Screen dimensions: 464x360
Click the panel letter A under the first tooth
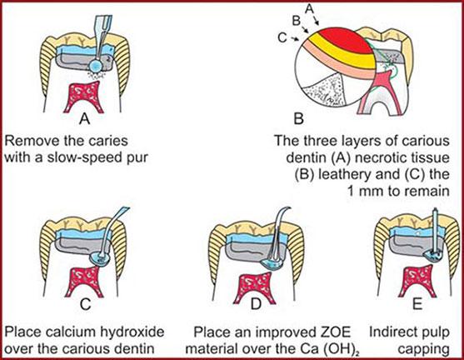(85, 119)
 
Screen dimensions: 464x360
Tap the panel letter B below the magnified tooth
(298, 118)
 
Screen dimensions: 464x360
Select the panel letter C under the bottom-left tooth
(85, 304)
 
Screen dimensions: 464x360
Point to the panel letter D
(256, 304)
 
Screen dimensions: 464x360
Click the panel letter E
(417, 304)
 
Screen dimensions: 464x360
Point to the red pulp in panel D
(255, 288)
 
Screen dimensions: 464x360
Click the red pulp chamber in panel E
(417, 282)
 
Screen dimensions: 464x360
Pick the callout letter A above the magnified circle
(309, 8)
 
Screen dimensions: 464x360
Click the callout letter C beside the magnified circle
(282, 37)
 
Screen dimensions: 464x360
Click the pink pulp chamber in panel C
(84, 282)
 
